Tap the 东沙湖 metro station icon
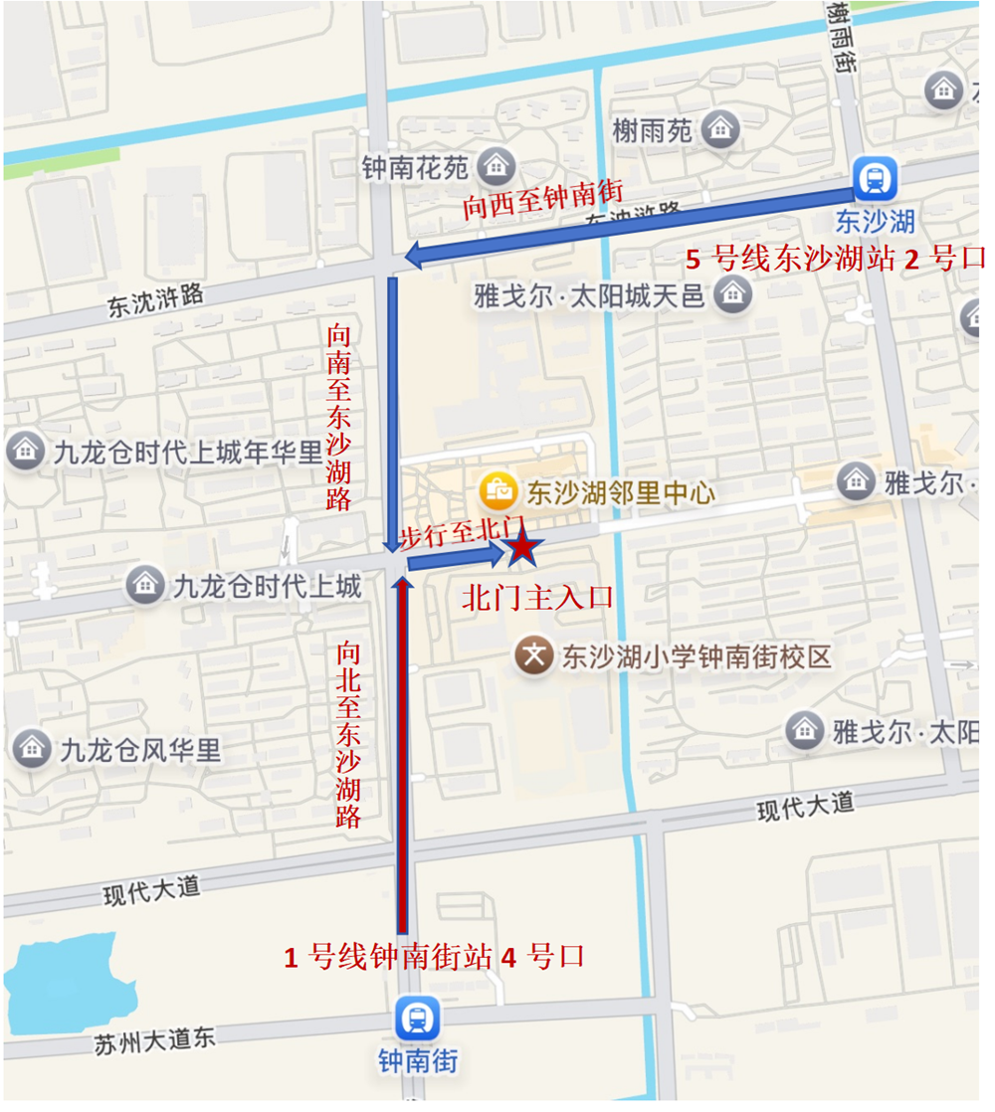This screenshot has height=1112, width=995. coord(876,179)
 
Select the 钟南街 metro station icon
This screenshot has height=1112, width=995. coord(417,1018)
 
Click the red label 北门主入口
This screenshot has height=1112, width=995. coord(537,598)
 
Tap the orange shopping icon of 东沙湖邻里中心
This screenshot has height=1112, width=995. coord(497,490)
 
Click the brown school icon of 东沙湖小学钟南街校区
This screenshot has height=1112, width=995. coord(534,655)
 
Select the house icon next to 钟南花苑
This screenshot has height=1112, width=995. coord(495,165)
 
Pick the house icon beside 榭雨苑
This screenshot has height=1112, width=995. coord(719,128)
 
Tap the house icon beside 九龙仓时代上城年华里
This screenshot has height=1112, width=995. coord(25,452)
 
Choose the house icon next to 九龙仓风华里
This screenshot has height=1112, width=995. coord(32,748)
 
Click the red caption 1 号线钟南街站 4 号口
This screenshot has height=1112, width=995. coord(435,957)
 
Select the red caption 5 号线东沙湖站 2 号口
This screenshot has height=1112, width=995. coord(834,260)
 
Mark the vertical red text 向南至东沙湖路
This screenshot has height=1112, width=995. coord(338,418)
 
